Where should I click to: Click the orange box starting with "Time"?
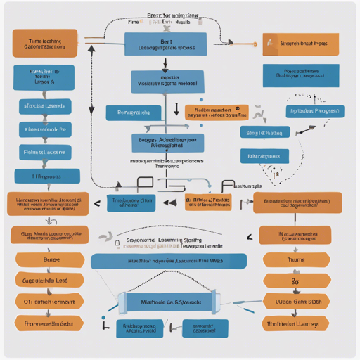[44, 44]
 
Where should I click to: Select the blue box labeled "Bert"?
[165, 44]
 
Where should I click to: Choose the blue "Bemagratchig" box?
[133, 112]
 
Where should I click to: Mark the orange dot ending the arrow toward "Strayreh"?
[254, 44]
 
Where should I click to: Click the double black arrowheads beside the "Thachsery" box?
[169, 202]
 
